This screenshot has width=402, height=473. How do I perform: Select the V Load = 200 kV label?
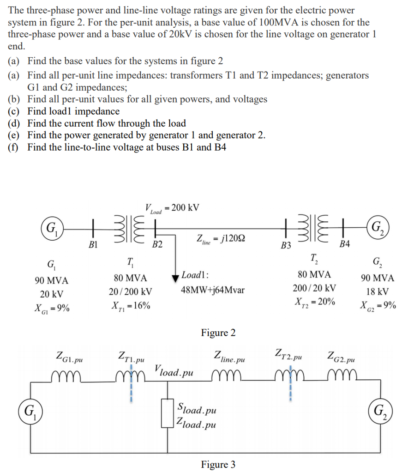[x=172, y=208]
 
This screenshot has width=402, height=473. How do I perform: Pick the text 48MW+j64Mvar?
[x=212, y=291]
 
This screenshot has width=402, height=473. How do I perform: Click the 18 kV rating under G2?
[x=378, y=292]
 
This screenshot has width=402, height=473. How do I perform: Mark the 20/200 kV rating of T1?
[x=131, y=292]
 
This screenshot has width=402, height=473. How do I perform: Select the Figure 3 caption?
[x=218, y=464]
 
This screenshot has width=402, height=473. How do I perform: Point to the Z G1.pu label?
[x=69, y=356]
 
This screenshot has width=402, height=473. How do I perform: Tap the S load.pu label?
[x=197, y=409]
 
